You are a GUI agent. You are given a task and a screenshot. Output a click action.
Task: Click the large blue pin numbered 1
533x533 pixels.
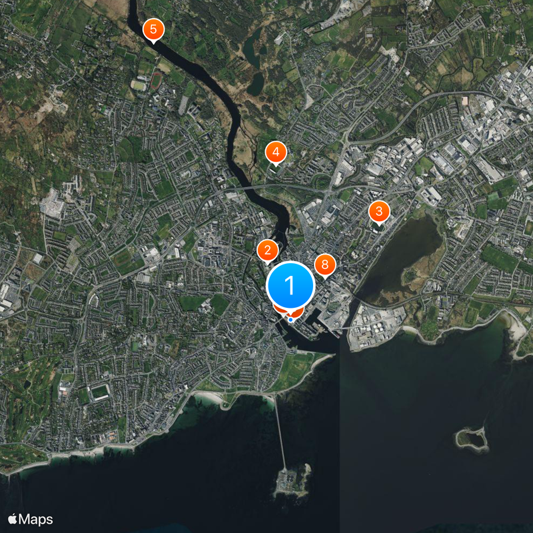pyautogui.click(x=290, y=285)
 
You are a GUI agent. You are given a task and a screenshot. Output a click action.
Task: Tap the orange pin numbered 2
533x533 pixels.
pyautogui.click(x=267, y=251)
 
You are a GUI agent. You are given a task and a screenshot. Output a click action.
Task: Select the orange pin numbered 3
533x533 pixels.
pyautogui.click(x=378, y=213)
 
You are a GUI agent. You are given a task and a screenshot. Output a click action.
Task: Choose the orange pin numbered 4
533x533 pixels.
pyautogui.click(x=275, y=153)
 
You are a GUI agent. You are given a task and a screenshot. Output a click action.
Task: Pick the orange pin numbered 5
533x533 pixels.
pyautogui.click(x=153, y=29)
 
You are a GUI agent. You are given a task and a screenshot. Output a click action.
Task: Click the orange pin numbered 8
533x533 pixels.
pyautogui.click(x=324, y=265)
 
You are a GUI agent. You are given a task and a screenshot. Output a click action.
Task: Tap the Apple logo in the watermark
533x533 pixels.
pyautogui.click(x=13, y=519)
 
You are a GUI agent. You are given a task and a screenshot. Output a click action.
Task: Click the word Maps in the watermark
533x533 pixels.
pyautogui.click(x=37, y=519)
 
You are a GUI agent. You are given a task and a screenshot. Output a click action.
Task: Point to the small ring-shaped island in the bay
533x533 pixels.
pyautogui.click(x=472, y=437)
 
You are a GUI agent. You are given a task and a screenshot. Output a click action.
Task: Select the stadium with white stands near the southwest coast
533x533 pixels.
pyautogui.click(x=100, y=392)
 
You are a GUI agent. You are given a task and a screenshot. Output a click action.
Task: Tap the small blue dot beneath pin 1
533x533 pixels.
pyautogui.click(x=290, y=319)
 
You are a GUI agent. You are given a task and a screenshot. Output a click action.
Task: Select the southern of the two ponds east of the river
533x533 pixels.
pyautogui.click(x=255, y=83)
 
